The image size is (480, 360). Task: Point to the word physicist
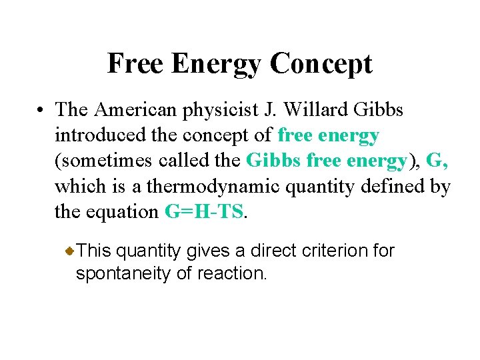220,109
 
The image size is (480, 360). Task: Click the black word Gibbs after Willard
381,109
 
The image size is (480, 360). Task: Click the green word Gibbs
269,161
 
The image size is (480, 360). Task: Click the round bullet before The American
41,110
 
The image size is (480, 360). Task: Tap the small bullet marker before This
70,251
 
